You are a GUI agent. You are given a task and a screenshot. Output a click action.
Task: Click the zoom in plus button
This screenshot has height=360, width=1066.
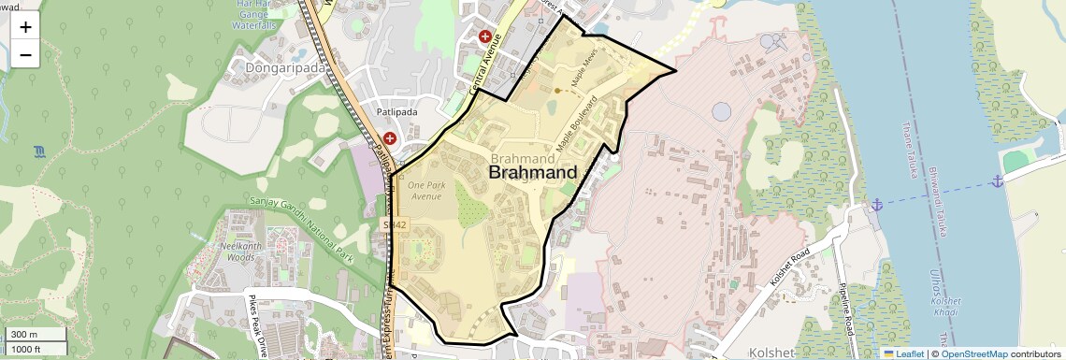[25, 26]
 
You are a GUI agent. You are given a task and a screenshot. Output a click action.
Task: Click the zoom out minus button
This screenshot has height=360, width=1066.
[25, 54]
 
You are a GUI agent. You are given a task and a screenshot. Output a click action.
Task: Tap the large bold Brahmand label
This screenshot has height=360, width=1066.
[533, 173]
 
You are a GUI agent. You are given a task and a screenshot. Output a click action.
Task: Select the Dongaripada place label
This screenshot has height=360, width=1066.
[281, 67]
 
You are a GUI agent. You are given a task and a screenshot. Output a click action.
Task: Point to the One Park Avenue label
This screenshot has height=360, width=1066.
[425, 191]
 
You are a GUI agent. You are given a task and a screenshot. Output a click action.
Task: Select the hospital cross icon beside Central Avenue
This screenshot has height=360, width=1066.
[485, 37]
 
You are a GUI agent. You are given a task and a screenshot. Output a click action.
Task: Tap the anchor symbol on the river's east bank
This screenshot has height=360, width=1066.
[998, 180]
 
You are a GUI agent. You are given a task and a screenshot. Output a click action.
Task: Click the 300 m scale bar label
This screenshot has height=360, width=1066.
[25, 335]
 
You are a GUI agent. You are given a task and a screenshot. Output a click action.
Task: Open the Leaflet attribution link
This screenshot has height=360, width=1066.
[903, 353]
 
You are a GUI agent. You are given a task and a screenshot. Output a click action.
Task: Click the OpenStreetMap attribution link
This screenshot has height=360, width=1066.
[974, 353]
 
